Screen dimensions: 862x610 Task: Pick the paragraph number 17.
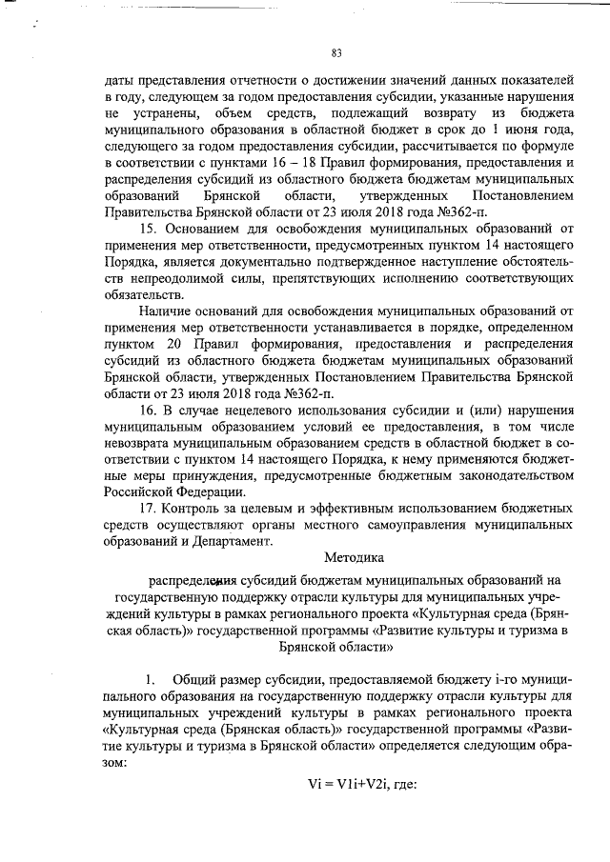146,510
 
